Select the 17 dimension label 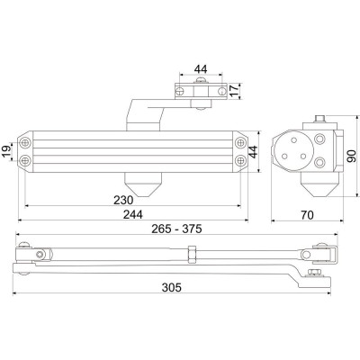click(233, 90)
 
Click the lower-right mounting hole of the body click(240, 161)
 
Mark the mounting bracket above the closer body click(196, 89)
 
